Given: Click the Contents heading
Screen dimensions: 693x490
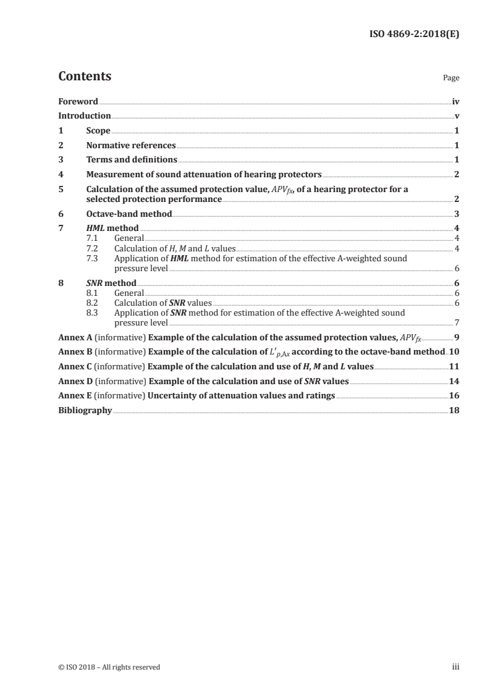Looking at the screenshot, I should (x=85, y=77).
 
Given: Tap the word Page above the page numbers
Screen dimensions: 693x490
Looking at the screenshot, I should (x=451, y=78).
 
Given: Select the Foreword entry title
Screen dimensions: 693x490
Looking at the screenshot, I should (x=78, y=101).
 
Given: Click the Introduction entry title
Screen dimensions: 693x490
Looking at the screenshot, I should (x=85, y=115).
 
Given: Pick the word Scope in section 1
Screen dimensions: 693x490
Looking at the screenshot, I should (x=98, y=130).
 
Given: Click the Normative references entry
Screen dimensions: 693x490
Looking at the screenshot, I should (x=131, y=145).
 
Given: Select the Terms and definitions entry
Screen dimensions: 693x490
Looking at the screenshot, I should (x=132, y=160).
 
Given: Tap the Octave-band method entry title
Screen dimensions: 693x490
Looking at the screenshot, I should (x=129, y=214).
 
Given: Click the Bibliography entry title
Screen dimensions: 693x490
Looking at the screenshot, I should (x=85, y=410).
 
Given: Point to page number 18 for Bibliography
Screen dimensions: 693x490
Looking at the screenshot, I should (x=454, y=410).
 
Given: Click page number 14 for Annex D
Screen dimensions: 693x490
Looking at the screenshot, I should (x=454, y=381).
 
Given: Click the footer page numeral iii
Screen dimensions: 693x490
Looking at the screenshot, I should (x=456, y=666).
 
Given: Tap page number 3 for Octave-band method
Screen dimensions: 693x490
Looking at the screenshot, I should (x=457, y=214).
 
